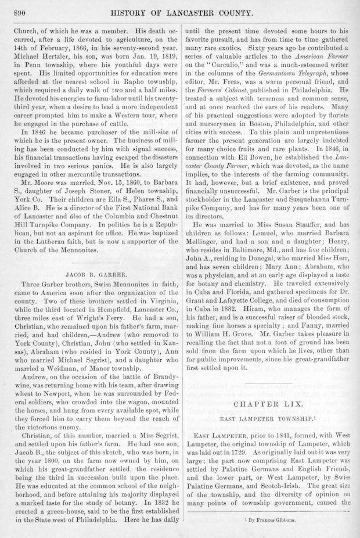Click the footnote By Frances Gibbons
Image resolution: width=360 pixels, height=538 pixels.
pyautogui.click(x=270, y=521)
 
